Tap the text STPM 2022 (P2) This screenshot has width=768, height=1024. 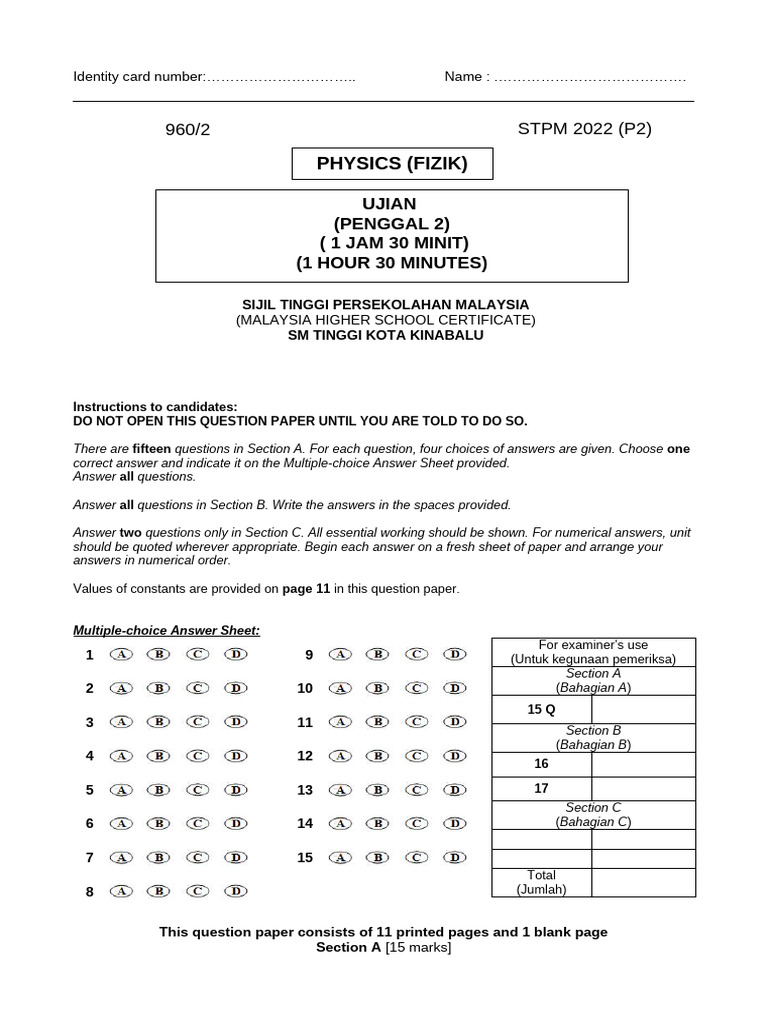point(585,129)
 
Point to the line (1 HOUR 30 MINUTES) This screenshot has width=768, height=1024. point(391,263)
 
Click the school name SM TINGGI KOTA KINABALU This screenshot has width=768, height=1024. point(386,335)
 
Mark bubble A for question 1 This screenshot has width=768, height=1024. point(122,654)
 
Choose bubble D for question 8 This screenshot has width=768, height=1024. point(235,891)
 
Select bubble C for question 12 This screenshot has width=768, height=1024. point(417,756)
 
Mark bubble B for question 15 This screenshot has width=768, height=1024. point(377,857)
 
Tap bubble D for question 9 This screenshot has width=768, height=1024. point(455,654)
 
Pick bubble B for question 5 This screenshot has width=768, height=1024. point(158,790)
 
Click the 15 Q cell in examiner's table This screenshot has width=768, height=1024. point(541,709)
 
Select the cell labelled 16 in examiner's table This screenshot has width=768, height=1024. point(541,764)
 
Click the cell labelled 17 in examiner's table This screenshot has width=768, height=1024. point(541,788)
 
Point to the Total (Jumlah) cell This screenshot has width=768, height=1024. point(541,882)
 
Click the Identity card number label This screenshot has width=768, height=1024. point(139,78)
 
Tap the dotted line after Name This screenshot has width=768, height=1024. point(590,78)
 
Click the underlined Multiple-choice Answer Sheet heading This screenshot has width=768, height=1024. point(166,630)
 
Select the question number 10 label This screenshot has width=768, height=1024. point(305,688)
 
